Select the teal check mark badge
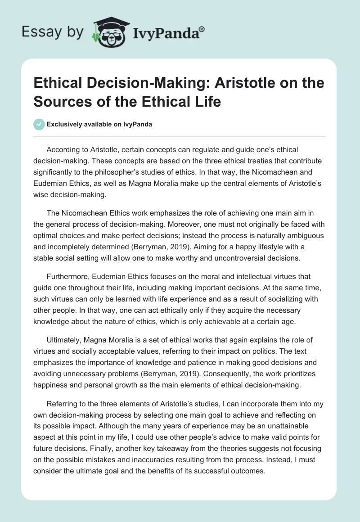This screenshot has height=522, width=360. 40,124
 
